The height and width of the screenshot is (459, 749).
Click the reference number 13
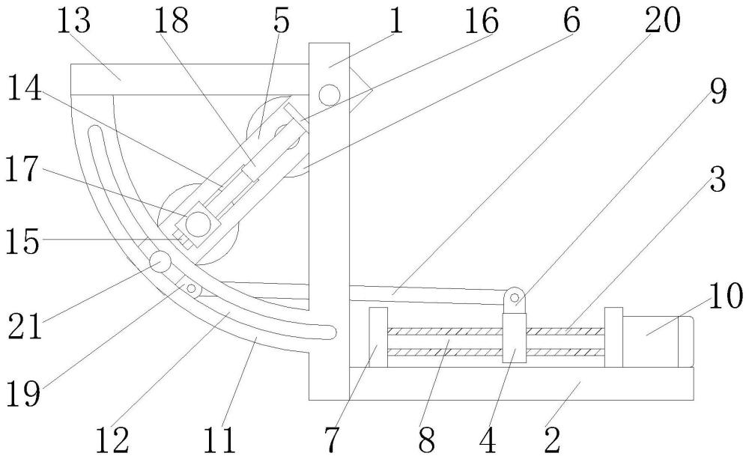pyautogui.click(x=73, y=22)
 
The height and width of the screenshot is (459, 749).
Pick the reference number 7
pyautogui.click(x=330, y=440)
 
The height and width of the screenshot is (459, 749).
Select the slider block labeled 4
pyautogui.click(x=515, y=337)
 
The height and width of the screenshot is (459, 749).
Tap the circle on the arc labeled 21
pyautogui.click(x=160, y=261)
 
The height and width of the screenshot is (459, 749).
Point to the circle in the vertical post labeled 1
pyautogui.click(x=328, y=94)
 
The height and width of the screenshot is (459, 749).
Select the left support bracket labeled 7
pyautogui.click(x=377, y=337)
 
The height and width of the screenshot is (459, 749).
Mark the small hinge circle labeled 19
pyautogui.click(x=191, y=288)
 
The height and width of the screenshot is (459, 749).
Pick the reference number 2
pyautogui.click(x=552, y=440)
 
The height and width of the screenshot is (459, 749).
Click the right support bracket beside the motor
pyautogui.click(x=613, y=337)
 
